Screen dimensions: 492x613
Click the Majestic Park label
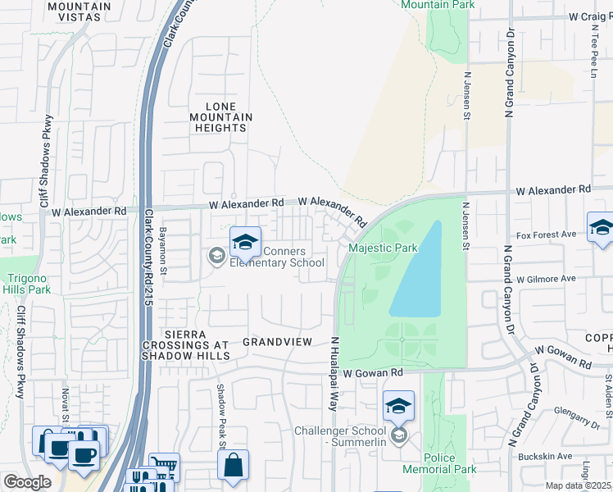383,248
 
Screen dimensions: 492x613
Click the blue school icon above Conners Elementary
244,242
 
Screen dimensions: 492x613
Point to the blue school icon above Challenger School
398,406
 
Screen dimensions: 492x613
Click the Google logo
26,482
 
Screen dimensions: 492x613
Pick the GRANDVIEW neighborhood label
278,340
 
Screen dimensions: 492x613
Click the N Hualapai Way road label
334,366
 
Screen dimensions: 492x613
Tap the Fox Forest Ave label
546,234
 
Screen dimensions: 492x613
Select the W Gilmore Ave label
546,279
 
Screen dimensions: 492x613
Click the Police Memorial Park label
438,463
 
